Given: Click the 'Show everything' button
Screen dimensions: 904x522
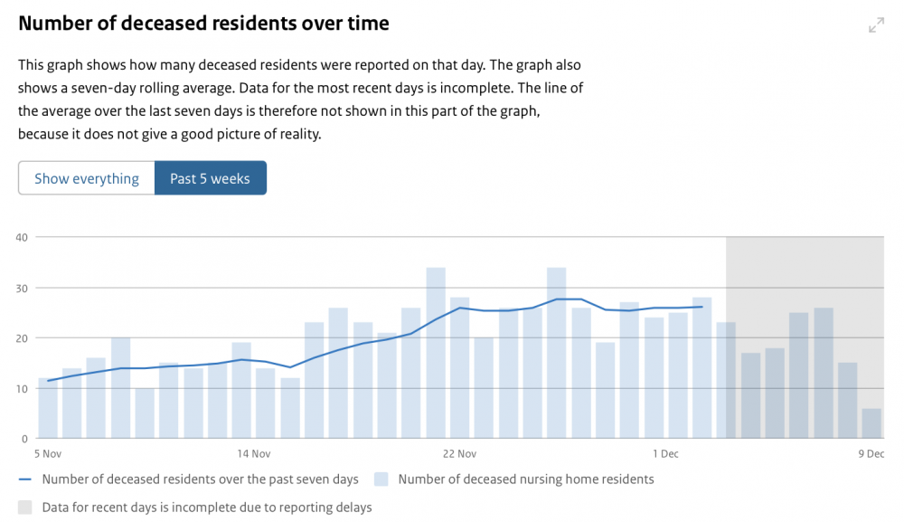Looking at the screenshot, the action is (x=87, y=178).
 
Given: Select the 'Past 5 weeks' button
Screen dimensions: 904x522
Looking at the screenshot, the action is (x=211, y=178).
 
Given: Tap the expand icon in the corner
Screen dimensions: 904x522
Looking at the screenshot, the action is (x=876, y=24).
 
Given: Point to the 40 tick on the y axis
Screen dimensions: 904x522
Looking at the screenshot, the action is (x=22, y=237).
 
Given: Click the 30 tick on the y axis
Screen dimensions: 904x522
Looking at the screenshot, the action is (x=22, y=288).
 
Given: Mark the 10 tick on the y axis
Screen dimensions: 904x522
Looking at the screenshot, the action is (x=22, y=389).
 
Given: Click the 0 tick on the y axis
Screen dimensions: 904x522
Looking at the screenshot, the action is (x=24, y=439).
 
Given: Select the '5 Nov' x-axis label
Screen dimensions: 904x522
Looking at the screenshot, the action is (x=48, y=454).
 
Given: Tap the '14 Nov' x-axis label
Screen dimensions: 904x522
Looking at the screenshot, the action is (x=254, y=454).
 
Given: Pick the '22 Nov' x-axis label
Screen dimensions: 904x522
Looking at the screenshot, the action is (x=459, y=454).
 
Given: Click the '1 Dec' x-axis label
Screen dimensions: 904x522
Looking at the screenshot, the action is (x=665, y=454).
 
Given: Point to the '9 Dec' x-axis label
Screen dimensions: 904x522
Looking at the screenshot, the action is (x=871, y=454).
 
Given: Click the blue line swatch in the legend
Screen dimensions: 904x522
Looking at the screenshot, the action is (x=24, y=479).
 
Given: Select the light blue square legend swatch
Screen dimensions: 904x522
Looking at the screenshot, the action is (x=381, y=479).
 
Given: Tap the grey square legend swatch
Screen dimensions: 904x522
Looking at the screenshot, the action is (x=24, y=508).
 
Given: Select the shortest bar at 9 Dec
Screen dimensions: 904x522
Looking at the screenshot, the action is (x=871, y=423).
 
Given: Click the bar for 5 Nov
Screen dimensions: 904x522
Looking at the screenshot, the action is (x=48, y=408).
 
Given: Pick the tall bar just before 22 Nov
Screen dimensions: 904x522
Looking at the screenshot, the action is (x=436, y=353).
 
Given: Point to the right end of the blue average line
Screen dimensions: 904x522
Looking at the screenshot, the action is (x=702, y=307).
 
